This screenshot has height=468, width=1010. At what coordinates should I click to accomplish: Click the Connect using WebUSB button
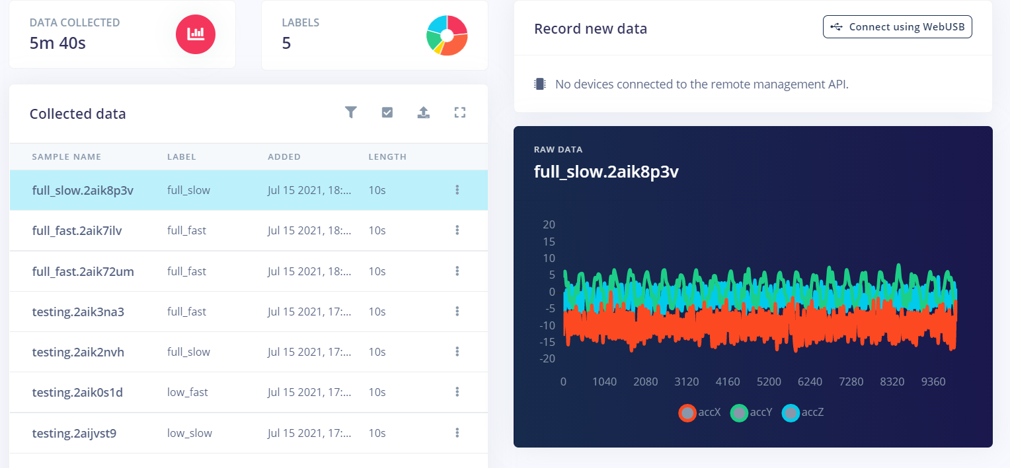897,27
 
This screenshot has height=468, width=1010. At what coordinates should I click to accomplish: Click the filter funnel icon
351,112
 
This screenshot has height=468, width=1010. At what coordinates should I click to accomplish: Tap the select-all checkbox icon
387,112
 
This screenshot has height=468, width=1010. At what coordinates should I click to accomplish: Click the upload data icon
424,112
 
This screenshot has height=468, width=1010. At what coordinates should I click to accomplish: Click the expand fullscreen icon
460,113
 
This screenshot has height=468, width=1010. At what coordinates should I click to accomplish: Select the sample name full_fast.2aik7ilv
77,230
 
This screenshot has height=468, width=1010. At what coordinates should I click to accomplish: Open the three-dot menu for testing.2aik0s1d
457,392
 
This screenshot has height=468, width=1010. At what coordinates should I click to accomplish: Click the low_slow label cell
189,433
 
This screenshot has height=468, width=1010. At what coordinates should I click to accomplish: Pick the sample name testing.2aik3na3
78,312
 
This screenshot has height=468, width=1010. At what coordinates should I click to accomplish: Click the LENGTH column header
387,156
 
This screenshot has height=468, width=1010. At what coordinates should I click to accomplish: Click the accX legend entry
700,413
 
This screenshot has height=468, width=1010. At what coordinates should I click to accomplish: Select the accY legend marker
739,413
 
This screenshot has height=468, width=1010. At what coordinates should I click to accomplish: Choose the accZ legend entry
803,413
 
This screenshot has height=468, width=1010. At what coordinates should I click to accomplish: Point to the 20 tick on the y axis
549,224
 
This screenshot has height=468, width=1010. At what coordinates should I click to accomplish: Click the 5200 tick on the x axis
769,382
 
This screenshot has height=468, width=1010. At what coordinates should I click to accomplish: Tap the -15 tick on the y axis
547,342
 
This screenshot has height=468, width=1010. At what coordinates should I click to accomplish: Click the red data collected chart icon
196,34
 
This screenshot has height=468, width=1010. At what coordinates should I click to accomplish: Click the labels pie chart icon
447,36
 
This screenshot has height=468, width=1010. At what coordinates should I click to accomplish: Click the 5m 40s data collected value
58,44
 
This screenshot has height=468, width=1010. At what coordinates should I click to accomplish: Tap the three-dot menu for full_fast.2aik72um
457,271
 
